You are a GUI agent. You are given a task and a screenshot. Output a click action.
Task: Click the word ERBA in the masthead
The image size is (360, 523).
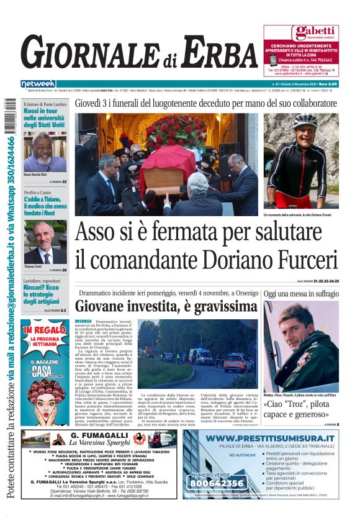214,53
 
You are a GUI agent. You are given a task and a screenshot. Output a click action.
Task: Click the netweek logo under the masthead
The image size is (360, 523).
38,83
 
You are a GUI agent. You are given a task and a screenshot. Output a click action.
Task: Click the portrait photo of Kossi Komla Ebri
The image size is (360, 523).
45,151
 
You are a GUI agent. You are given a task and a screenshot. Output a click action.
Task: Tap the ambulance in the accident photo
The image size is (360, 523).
200,355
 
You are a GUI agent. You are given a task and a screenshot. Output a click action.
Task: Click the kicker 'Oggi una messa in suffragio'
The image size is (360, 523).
301,293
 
